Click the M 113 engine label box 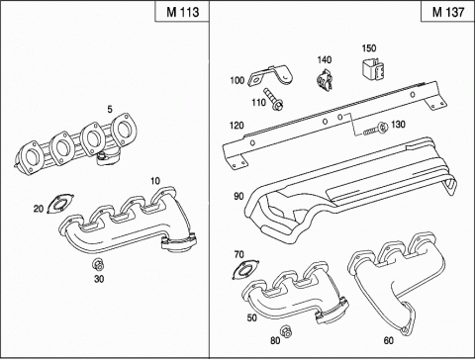[x=182, y=12]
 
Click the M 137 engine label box [x=447, y=12]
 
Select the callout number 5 [x=110, y=109]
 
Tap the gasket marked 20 [x=60, y=204]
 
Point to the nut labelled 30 [x=98, y=264]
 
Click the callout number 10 [x=155, y=181]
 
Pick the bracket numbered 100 [x=270, y=76]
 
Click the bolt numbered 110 [x=273, y=99]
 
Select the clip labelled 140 [x=325, y=80]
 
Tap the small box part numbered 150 [x=373, y=68]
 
